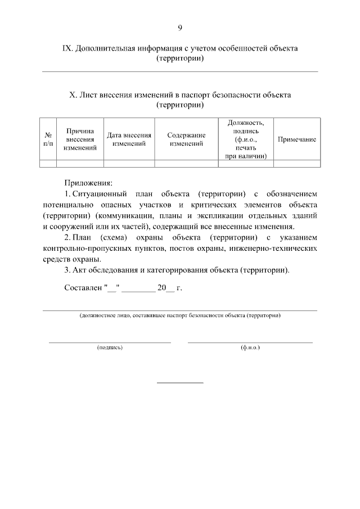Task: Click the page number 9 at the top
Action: [179, 28]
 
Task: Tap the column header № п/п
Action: [48, 139]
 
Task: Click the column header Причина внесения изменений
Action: [80, 139]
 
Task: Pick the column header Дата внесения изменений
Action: [129, 139]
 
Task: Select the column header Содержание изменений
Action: [186, 139]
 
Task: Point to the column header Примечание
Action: [297, 139]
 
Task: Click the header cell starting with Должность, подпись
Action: [246, 139]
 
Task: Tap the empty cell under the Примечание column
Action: [297, 164]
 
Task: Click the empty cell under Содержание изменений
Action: [186, 164]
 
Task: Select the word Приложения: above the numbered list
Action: [88, 183]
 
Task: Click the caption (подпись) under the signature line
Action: [110, 348]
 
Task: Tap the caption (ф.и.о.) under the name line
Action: [250, 348]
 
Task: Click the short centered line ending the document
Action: [179, 382]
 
